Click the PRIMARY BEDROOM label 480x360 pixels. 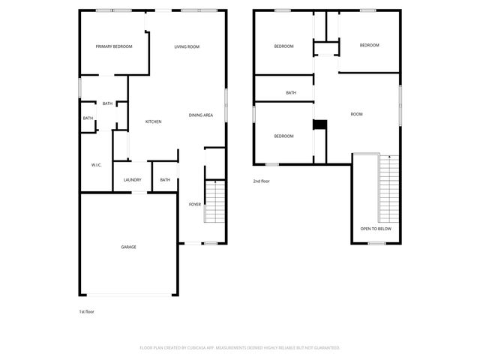(114, 46)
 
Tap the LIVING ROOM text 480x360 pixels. (187, 46)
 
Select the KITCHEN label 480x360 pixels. (153, 121)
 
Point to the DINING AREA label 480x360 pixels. (201, 115)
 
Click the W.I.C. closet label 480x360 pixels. (96, 164)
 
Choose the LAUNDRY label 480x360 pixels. (132, 180)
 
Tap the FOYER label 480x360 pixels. (194, 204)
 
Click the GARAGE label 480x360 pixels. (129, 247)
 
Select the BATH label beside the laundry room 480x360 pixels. (165, 180)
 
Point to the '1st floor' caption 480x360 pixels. (87, 311)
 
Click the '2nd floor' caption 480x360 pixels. (261, 181)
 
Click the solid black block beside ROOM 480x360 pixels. (319, 125)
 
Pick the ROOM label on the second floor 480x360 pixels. (356, 114)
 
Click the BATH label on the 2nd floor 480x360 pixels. (291, 93)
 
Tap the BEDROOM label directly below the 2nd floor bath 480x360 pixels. (283, 136)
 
